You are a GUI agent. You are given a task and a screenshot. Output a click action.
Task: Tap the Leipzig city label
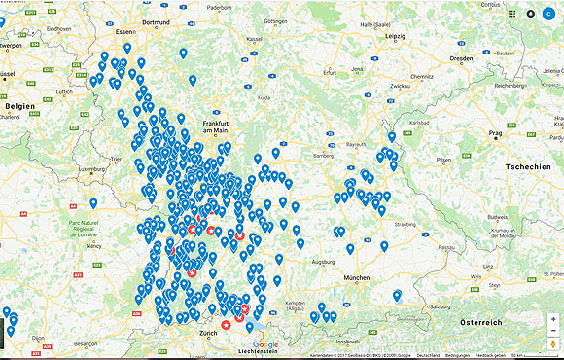coord(395,36)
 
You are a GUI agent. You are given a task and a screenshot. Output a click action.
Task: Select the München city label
coord(360,278)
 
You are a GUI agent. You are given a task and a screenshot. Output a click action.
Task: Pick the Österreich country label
coord(480,322)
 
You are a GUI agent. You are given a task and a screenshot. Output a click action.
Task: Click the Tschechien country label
coord(528,167)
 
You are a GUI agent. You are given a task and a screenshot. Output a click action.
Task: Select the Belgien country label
coord(18,105)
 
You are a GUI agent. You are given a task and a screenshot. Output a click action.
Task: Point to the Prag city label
coord(495,132)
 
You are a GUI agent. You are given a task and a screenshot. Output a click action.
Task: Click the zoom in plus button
coord(553,319)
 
